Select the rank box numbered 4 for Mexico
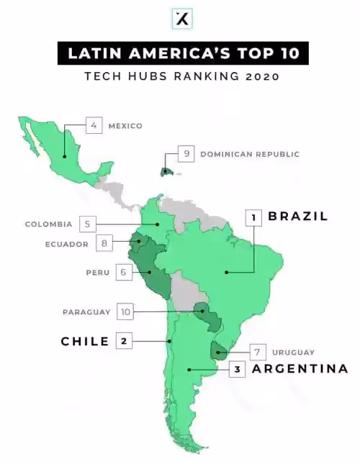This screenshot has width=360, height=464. coord(94,125)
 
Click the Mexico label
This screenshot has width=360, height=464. coord(125,126)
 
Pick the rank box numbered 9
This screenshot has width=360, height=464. coord(186,153)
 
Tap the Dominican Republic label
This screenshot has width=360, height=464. coord(249,154)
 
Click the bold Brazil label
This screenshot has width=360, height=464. coord(298,216)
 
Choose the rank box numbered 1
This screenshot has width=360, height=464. coord(253,217)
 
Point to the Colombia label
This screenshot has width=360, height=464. coord(48,224)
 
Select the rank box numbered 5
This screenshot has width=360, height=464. coord(86,224)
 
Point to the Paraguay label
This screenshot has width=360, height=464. coord(86,311)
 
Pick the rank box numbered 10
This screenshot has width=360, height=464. coord(125,311)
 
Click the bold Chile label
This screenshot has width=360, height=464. coord(85,341)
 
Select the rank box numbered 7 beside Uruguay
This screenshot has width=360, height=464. coord(256,352)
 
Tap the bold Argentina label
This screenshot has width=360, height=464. coord(300,369)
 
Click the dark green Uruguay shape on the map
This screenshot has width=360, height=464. coord(218,352)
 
